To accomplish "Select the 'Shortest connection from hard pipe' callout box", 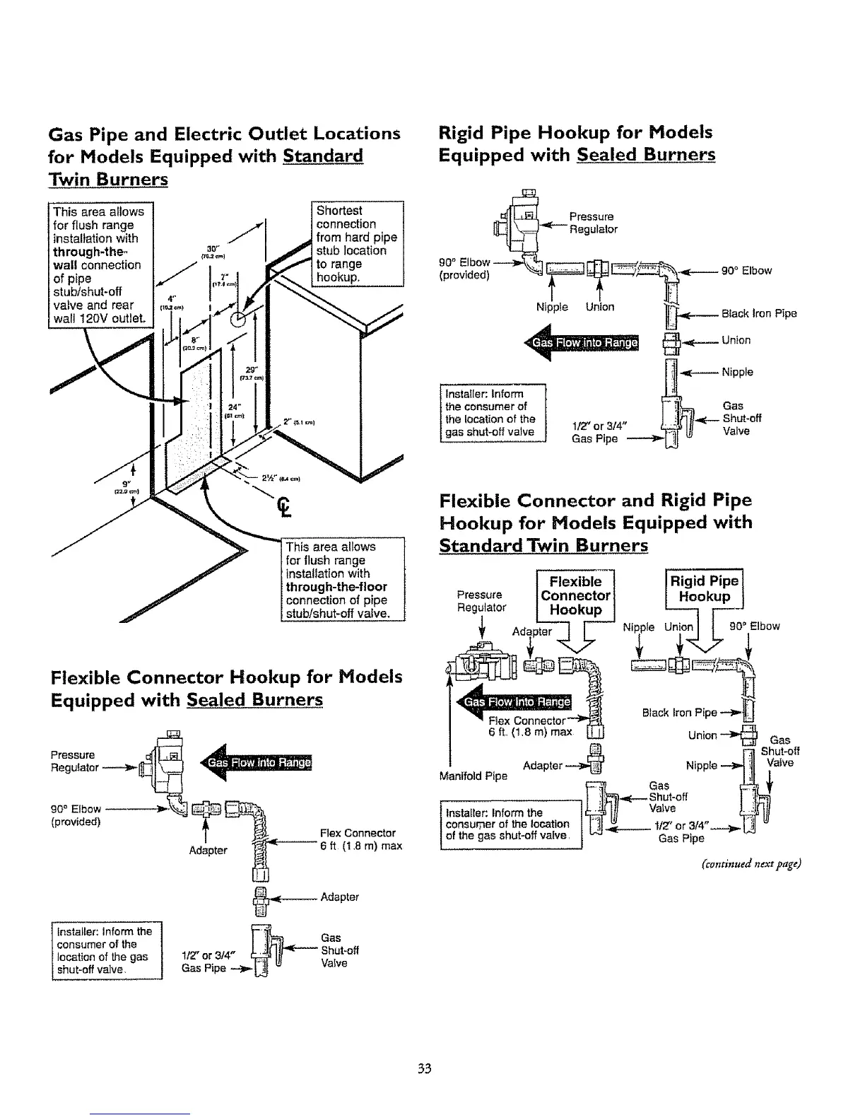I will click(357, 244).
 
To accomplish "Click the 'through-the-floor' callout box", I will click(342, 579).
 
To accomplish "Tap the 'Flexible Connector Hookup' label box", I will click(576, 595).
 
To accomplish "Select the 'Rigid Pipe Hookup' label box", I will click(704, 588).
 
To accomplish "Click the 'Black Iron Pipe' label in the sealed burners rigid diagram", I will click(759, 313).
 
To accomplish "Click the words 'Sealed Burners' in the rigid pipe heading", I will click(646, 155).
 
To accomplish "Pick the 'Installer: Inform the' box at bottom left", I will click(107, 951).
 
